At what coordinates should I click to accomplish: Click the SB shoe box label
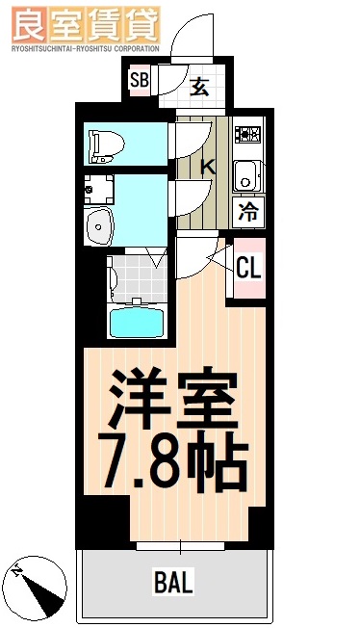pos(139,81)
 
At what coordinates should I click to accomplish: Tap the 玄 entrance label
pos(199,88)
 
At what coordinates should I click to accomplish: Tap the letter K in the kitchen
pos(206,167)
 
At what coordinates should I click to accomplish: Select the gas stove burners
pos(248,136)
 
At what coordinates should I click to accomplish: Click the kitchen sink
pos(247,176)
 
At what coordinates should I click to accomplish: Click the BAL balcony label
pos(173,582)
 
